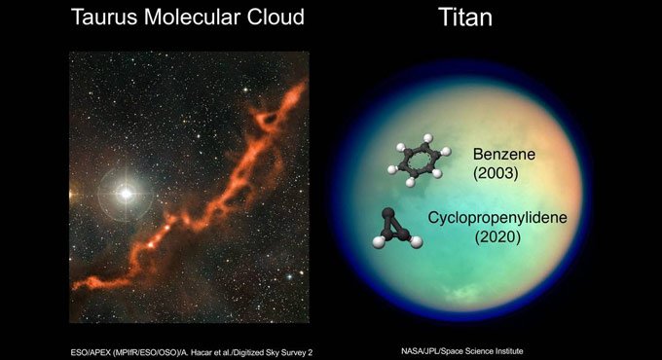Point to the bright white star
126,193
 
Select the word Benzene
503,154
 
